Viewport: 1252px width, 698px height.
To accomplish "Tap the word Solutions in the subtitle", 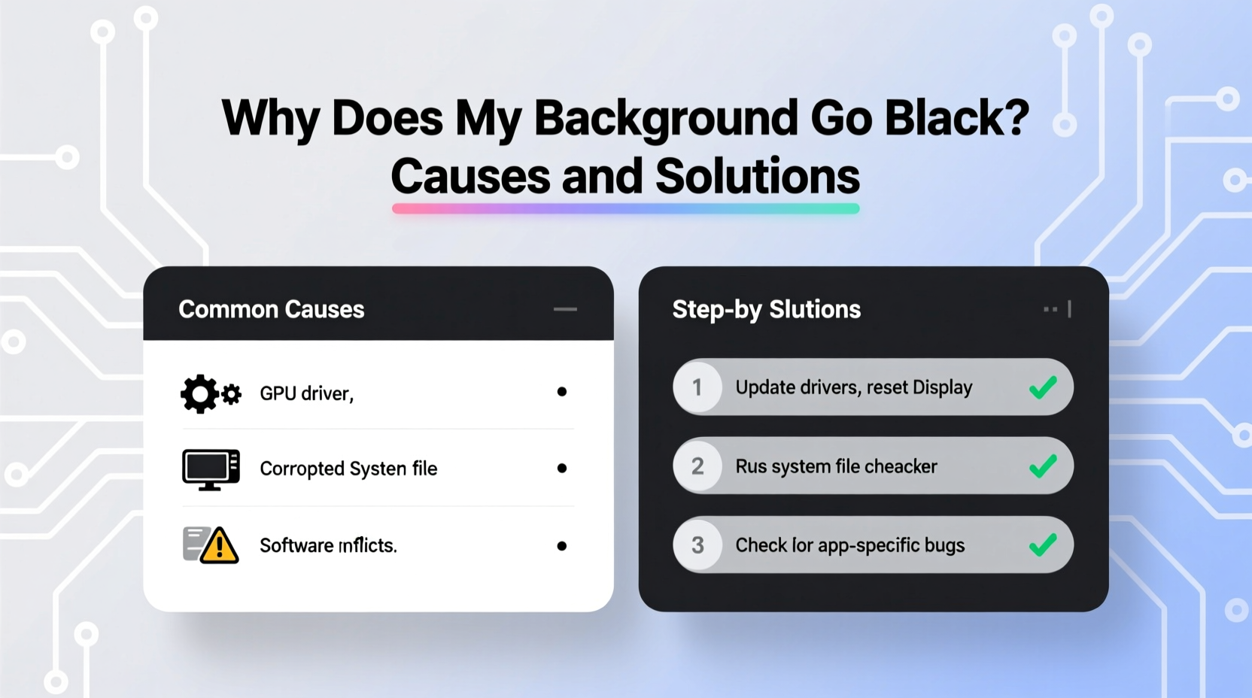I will pyautogui.click(x=757, y=177).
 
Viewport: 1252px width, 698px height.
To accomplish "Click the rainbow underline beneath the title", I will pyautogui.click(x=625, y=208).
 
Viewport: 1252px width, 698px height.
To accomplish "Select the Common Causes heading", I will pyautogui.click(x=271, y=309).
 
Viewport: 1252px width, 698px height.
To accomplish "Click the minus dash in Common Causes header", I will pyautogui.click(x=565, y=309).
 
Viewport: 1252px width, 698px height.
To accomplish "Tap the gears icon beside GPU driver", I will pyautogui.click(x=210, y=393).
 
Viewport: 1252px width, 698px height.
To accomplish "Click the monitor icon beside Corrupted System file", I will pyautogui.click(x=211, y=469).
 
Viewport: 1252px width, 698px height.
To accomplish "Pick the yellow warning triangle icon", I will pyautogui.click(x=219, y=545).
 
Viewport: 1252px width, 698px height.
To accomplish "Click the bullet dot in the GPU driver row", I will pyautogui.click(x=561, y=392).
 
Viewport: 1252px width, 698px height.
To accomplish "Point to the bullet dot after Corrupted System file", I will pyautogui.click(x=561, y=468).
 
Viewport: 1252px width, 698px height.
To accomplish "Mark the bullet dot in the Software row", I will pyautogui.click(x=561, y=546).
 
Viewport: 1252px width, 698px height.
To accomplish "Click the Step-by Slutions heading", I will pyautogui.click(x=766, y=309).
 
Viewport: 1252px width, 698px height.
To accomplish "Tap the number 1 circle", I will pyautogui.click(x=697, y=387).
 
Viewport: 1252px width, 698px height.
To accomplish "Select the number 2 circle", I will pyautogui.click(x=697, y=466).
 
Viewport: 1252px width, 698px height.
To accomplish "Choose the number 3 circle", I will pyautogui.click(x=697, y=545).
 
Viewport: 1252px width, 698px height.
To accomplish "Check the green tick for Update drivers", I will pyautogui.click(x=1043, y=387).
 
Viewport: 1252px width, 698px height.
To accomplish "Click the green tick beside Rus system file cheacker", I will pyautogui.click(x=1043, y=466).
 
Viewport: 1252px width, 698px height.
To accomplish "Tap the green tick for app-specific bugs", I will pyautogui.click(x=1043, y=545).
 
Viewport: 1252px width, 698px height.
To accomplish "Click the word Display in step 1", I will pyautogui.click(x=942, y=388).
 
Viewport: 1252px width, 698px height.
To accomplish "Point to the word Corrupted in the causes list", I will pyautogui.click(x=302, y=469).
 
